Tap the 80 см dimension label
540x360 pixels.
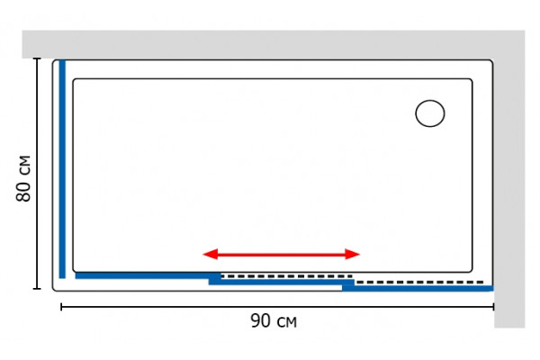click(x=23, y=178)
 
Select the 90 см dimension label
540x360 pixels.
click(x=274, y=320)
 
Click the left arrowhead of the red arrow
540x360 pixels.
click(x=210, y=254)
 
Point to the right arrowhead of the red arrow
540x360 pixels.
click(x=352, y=254)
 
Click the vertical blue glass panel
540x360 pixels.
click(x=62, y=169)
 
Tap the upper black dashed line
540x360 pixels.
click(x=287, y=276)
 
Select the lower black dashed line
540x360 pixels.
click(x=419, y=282)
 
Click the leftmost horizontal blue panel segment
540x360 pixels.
click(x=148, y=275)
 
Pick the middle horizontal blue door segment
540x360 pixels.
click(x=282, y=282)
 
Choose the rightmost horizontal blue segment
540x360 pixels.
click(x=418, y=288)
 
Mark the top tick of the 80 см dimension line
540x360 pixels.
click(x=37, y=58)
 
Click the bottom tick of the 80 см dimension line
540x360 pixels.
click(x=37, y=288)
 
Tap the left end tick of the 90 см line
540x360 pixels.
click(x=61, y=307)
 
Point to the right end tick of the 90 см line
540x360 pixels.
click(x=493, y=307)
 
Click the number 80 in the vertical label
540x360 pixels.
click(x=23, y=191)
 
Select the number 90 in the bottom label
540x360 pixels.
click(x=261, y=320)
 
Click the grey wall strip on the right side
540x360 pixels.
click(x=509, y=193)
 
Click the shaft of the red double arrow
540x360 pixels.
click(x=282, y=254)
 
